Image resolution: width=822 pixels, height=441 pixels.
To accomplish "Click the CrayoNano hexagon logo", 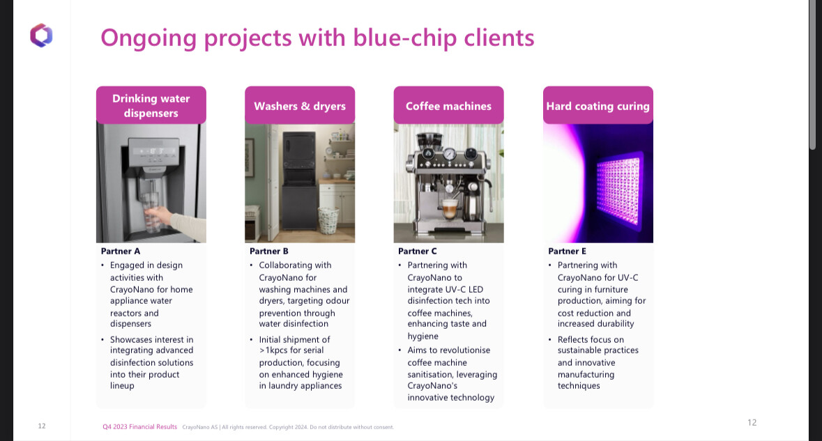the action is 41,36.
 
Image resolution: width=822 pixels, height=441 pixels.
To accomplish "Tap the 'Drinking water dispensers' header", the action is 151,105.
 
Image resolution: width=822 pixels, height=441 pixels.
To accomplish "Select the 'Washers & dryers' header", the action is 300,105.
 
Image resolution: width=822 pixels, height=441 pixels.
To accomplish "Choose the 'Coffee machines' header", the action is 449,105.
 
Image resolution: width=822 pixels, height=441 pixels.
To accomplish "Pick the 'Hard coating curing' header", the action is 598,105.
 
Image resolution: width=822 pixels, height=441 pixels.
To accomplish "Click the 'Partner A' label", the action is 121,252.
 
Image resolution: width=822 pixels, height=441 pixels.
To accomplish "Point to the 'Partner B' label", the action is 269,252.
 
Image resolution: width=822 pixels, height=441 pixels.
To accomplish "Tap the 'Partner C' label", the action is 418,252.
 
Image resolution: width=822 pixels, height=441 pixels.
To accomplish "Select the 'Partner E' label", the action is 568,252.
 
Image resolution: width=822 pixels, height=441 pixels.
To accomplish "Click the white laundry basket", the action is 328,220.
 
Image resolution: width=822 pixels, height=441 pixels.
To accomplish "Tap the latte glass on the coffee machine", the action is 450,209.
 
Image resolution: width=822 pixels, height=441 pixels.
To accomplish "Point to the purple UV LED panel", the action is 619,191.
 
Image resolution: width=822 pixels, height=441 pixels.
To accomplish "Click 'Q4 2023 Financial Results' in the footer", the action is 140,427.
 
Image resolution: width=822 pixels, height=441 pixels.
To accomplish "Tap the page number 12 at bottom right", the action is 752,423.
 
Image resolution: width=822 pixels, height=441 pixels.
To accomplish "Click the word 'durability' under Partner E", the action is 615,324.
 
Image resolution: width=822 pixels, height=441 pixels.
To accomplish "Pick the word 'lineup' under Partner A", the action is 122,386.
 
